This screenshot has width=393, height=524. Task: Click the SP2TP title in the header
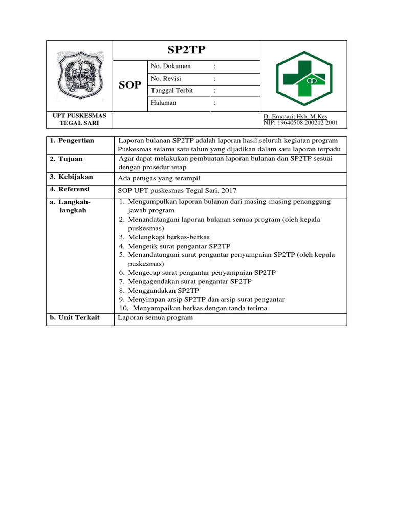point(186,50)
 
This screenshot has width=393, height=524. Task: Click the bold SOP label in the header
point(129,85)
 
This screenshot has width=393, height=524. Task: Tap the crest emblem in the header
point(79,76)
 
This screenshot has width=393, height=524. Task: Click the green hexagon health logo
point(304,77)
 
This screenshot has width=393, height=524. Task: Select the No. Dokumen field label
point(170,67)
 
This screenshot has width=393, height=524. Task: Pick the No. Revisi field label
point(166,79)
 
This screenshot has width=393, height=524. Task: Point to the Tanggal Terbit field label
point(172,91)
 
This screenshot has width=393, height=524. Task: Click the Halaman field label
point(163,103)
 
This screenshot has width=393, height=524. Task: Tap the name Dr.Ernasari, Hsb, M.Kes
point(295,116)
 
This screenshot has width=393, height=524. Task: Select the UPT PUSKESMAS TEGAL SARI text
point(79,119)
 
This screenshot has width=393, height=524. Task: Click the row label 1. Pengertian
point(72,141)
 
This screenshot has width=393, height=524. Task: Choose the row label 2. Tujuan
point(66,159)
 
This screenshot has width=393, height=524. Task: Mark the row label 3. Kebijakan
point(71,177)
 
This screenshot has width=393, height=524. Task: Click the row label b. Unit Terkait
point(74,318)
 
